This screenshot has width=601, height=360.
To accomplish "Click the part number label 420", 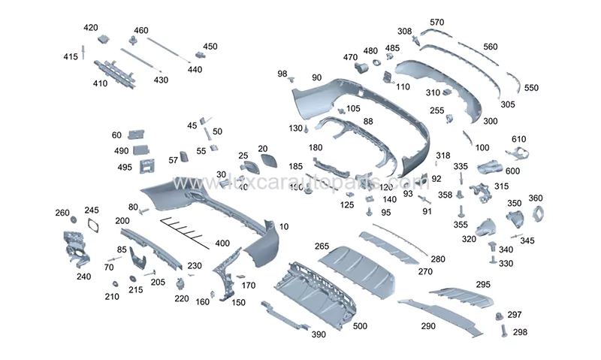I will click(90, 28).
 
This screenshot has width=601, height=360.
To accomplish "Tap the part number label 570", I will click(437, 22).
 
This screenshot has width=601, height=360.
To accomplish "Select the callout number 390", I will click(318, 334).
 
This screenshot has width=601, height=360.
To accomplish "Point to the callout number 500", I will click(361, 326).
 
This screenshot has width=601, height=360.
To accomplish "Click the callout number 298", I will click(520, 331).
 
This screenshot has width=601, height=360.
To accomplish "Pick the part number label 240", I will click(83, 276).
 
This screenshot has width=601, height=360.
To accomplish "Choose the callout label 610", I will click(519, 140).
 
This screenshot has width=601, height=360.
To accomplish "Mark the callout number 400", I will click(222, 244).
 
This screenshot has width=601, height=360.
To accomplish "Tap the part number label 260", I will click(62, 213).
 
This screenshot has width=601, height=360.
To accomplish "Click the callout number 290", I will click(428, 326).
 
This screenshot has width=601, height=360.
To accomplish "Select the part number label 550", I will click(531, 88).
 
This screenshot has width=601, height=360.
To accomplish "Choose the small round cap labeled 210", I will click(116, 283).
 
